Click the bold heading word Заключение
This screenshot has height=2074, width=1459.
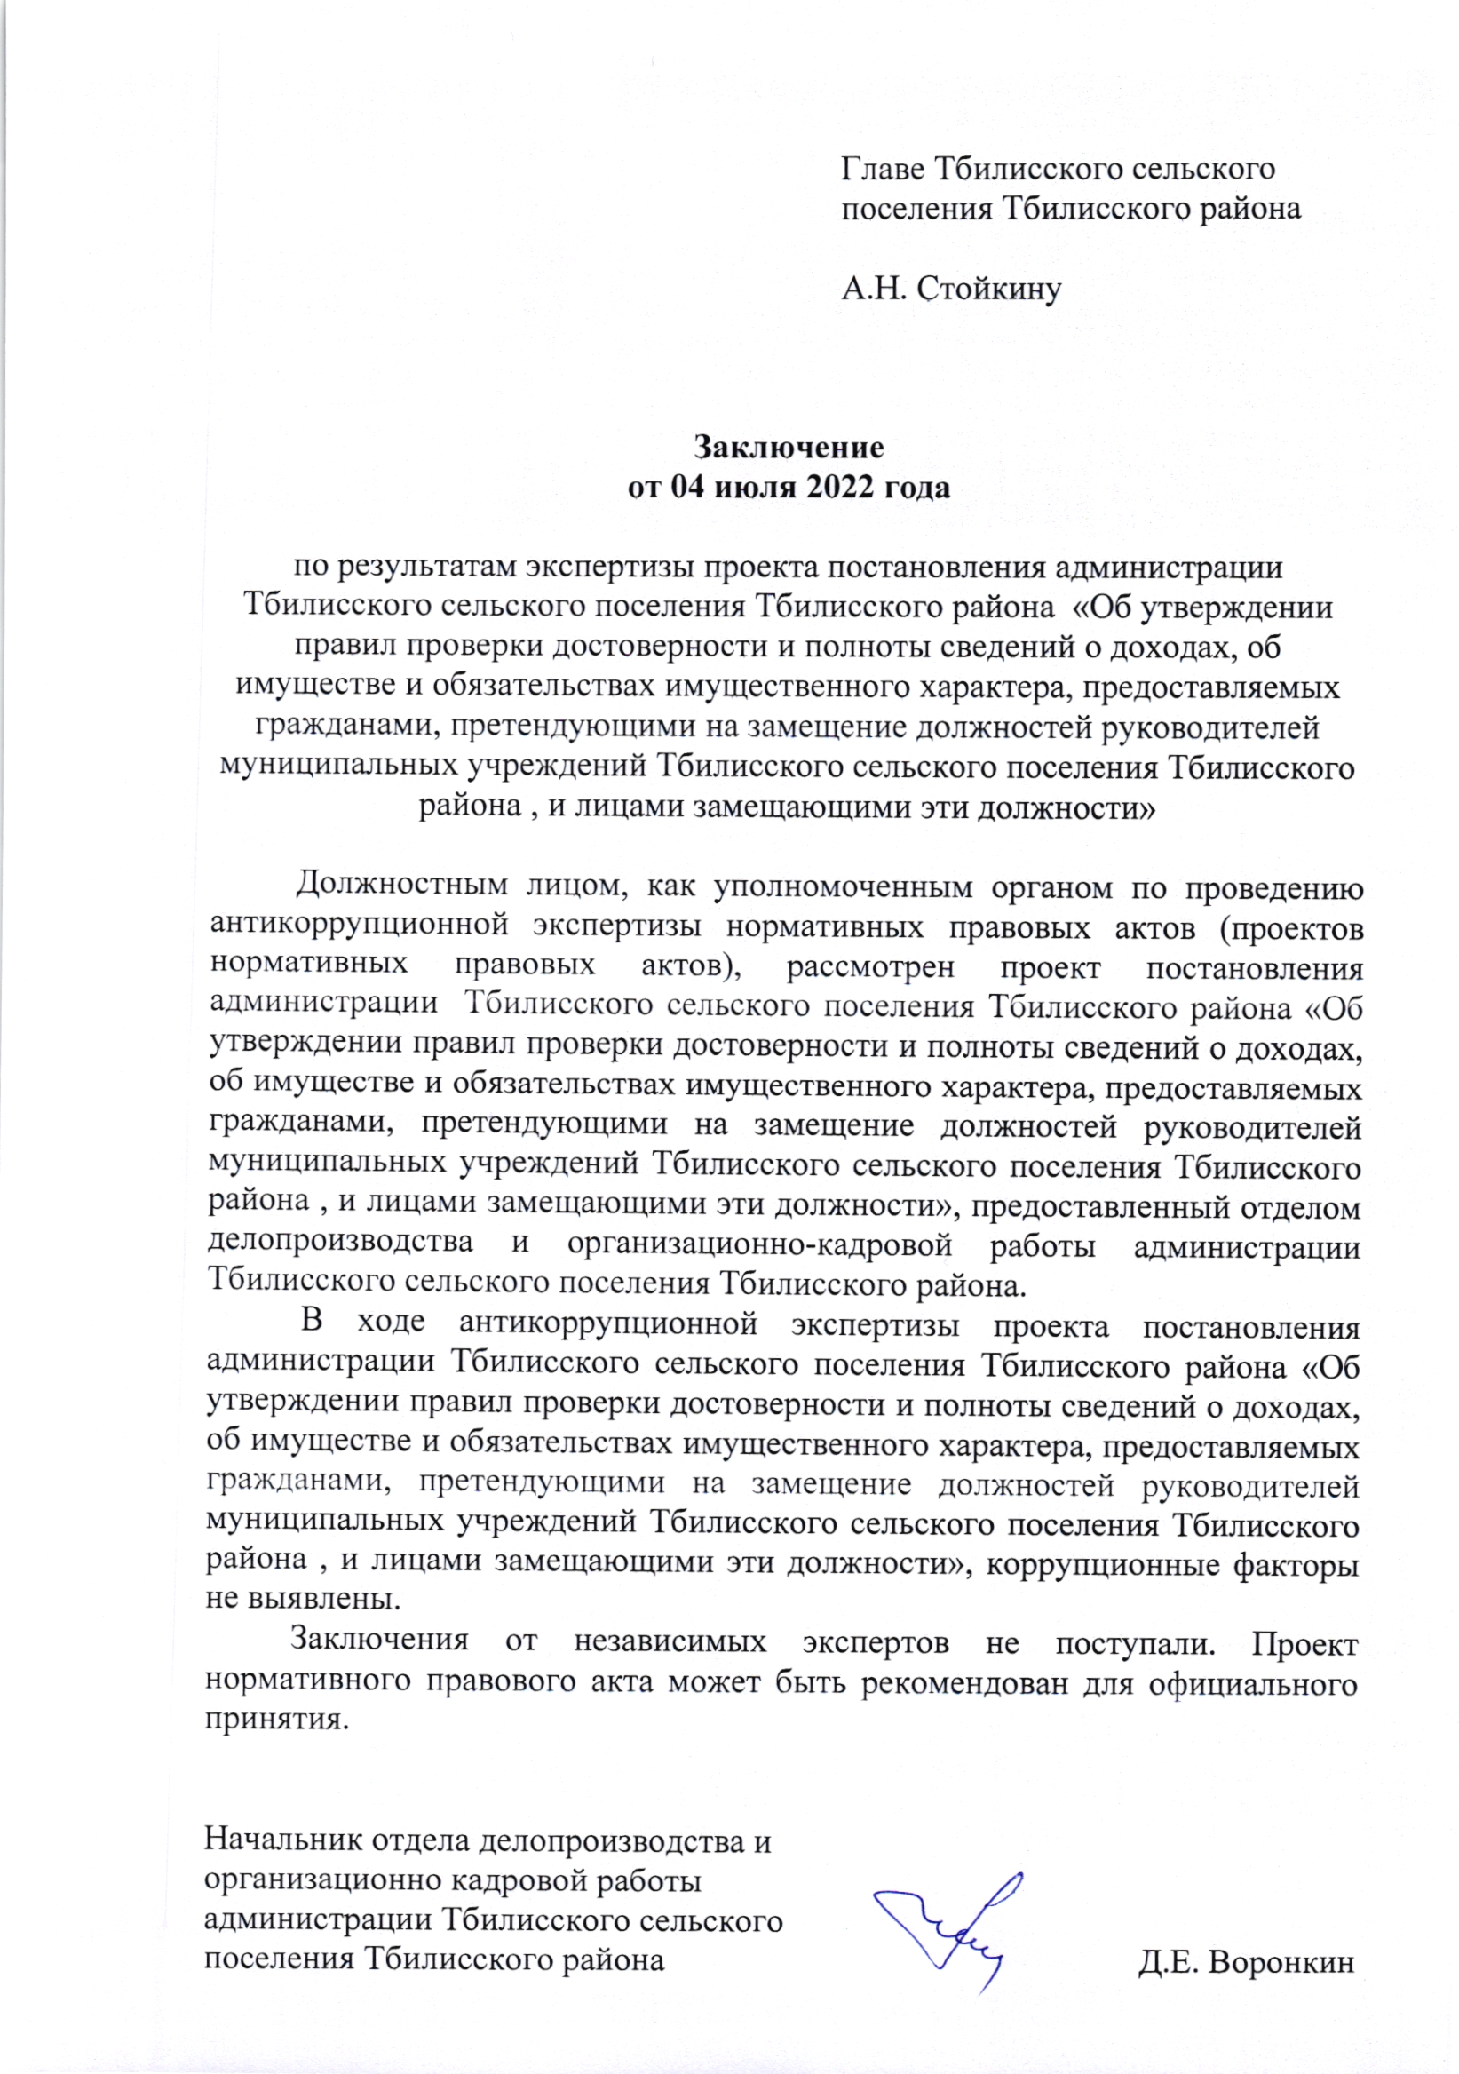click(x=789, y=447)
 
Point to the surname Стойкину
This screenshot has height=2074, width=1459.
click(x=989, y=289)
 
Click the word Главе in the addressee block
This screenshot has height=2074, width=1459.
click(x=882, y=169)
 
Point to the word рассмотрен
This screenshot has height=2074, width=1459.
click(x=869, y=967)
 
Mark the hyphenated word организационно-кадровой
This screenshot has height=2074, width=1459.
click(x=759, y=1244)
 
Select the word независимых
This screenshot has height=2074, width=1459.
click(x=670, y=1641)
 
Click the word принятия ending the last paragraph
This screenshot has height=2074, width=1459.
click(x=276, y=1719)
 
